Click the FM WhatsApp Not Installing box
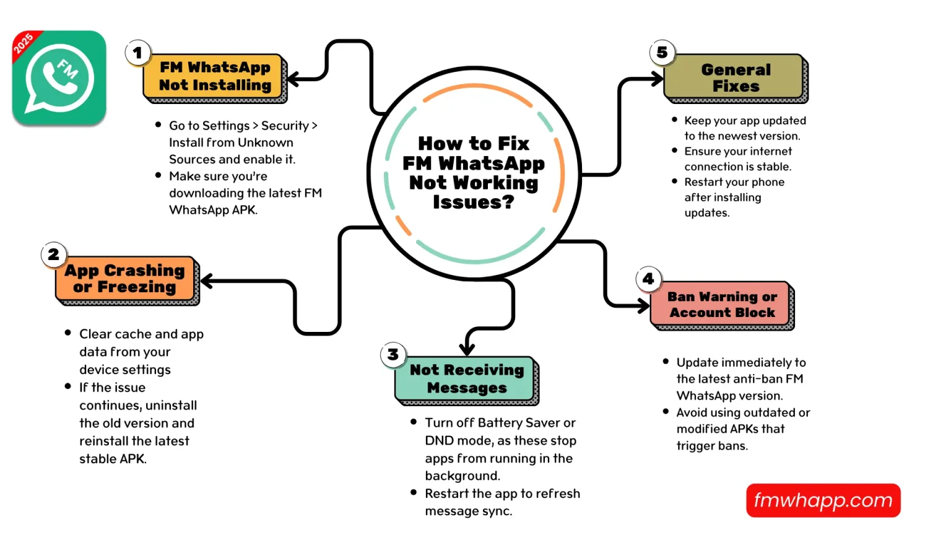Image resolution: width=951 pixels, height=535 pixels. (x=214, y=77)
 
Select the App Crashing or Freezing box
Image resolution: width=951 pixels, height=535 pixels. (x=126, y=279)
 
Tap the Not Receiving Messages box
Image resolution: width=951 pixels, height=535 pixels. (x=466, y=379)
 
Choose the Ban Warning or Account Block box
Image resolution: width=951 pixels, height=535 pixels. (x=721, y=305)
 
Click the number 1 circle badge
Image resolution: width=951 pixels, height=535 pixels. (x=137, y=53)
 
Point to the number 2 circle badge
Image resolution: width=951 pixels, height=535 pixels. (x=54, y=254)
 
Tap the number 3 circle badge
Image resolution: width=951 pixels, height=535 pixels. (x=393, y=355)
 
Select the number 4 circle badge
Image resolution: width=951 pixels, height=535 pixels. (x=648, y=279)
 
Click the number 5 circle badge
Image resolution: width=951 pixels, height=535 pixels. (x=662, y=53)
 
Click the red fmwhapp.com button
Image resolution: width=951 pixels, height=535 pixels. (x=823, y=500)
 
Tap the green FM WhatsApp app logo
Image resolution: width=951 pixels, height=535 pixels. (x=59, y=78)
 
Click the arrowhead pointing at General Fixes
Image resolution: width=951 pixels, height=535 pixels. (x=658, y=79)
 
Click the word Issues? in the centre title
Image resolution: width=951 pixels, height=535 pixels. (x=473, y=202)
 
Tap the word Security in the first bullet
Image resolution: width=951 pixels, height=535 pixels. (x=285, y=126)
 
